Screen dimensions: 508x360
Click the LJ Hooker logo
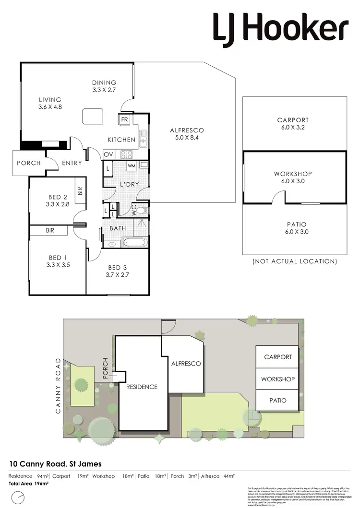point(281,28)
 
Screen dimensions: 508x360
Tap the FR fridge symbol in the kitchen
point(124,119)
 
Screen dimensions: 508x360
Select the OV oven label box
point(108,154)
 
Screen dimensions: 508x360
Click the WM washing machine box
point(132,166)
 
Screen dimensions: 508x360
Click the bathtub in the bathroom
point(136,242)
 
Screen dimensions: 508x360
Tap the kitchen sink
point(144,141)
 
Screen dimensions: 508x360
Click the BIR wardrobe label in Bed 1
point(50,231)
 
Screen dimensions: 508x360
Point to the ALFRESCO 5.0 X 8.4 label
point(187,134)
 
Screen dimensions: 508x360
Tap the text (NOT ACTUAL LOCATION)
point(295,261)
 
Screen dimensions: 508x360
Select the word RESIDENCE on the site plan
point(142,387)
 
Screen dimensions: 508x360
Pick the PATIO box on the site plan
point(277,400)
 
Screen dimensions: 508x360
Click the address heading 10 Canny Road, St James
point(56,464)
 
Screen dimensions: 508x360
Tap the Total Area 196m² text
point(29,484)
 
